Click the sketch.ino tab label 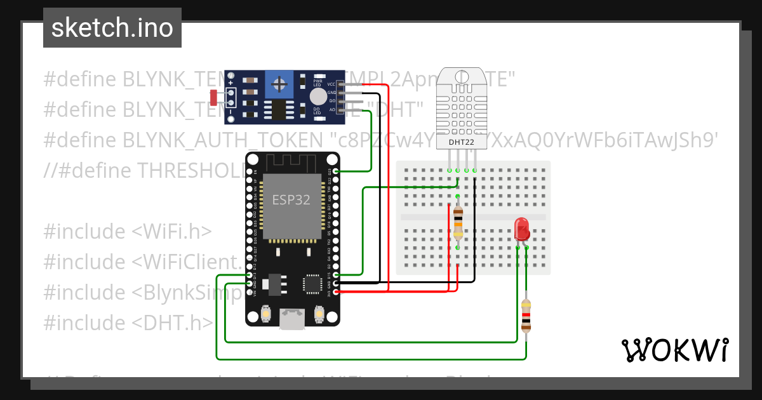click(x=112, y=28)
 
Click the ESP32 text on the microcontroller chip click(x=291, y=199)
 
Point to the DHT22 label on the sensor click(x=461, y=142)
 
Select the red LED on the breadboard click(x=521, y=229)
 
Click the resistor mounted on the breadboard click(x=458, y=222)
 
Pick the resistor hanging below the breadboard click(x=526, y=316)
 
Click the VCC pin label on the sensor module click(x=331, y=84)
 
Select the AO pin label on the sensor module click(x=331, y=110)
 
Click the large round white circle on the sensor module click(x=318, y=97)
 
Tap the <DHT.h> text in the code click(x=173, y=323)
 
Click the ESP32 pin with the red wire click(x=335, y=291)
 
